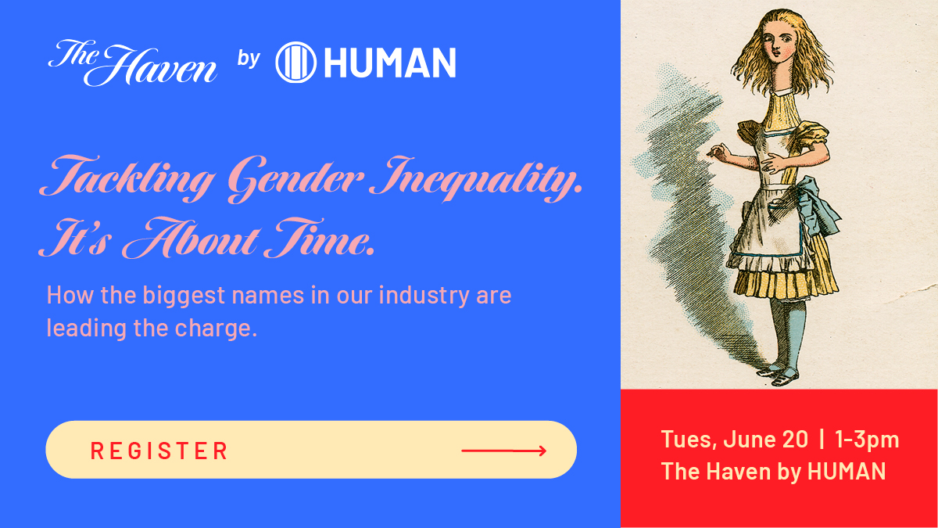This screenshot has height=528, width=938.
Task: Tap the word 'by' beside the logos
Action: coord(248,59)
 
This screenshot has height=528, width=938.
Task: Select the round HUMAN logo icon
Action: coord(295,63)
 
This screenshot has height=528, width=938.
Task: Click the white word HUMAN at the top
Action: coord(389,63)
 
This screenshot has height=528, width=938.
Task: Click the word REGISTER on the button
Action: coord(159,451)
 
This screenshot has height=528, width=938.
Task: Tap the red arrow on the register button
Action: coord(503,451)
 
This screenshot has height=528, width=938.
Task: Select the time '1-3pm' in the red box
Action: coord(867,440)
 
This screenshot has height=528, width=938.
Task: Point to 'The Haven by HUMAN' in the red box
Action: coord(773,471)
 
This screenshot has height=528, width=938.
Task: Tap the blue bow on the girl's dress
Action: coord(821,205)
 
